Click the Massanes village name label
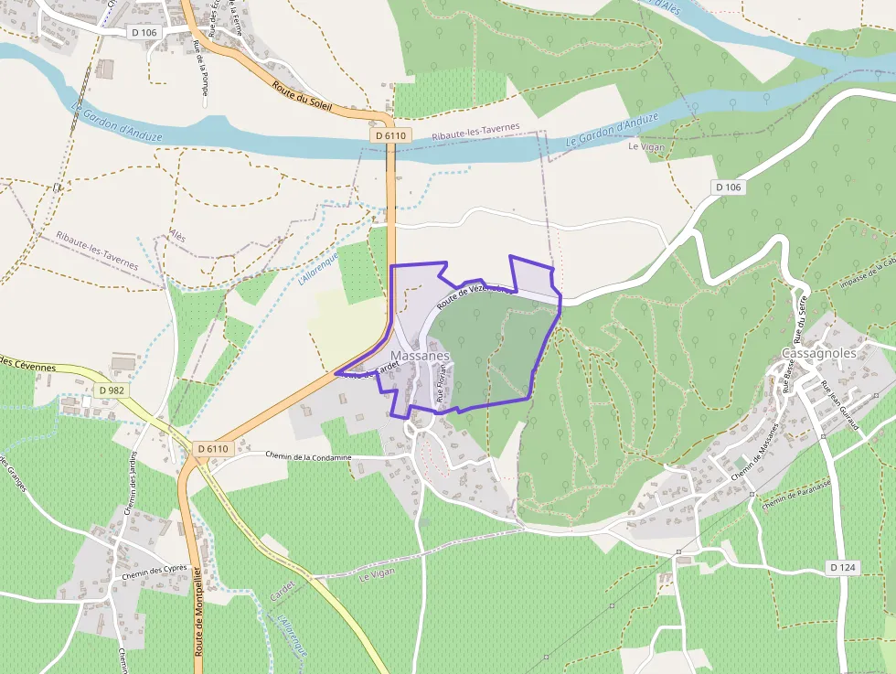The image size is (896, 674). tap(420, 355)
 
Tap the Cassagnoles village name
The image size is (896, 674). tap(819, 353)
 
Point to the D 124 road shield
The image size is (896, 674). tap(843, 568)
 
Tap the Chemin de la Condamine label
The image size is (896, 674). tap(308, 455)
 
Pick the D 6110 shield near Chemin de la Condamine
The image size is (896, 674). tap(212, 449)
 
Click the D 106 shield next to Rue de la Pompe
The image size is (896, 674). tap(144, 33)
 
